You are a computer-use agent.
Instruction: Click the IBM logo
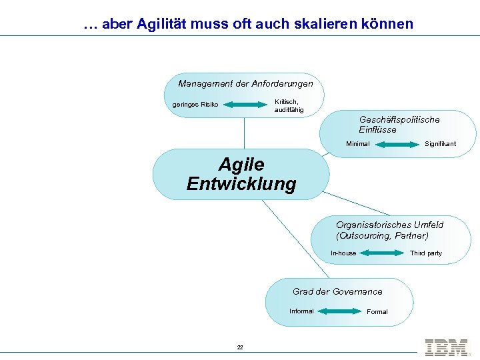tap(446, 347)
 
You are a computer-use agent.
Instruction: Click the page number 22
tap(240, 347)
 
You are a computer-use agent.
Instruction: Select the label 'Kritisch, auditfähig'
tap(289, 105)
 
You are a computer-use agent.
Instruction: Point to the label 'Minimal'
tap(357, 144)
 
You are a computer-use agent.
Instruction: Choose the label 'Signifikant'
tap(441, 144)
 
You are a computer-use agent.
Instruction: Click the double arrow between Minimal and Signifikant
tap(398, 144)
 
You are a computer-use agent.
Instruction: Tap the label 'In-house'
tap(343, 253)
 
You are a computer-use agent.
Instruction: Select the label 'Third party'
tap(426, 253)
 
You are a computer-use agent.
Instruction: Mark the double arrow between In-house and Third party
tap(382, 253)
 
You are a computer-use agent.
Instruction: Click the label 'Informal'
tap(301, 311)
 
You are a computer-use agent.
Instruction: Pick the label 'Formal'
tap(377, 312)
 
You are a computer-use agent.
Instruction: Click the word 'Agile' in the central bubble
tap(241, 164)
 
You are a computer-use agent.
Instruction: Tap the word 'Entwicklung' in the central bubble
tap(241, 184)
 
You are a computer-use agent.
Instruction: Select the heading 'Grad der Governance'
tap(337, 292)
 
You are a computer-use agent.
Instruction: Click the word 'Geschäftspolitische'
tap(399, 120)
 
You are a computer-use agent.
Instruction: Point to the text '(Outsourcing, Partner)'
tap(382, 236)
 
